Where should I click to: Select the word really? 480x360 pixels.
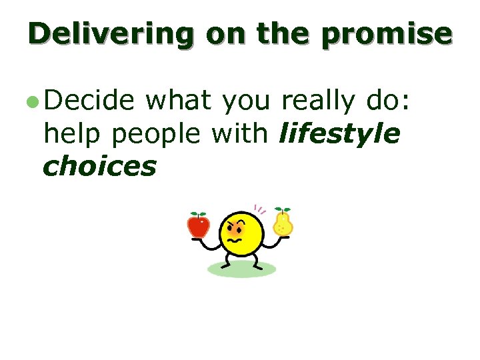coord(320,101)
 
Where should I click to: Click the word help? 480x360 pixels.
coord(72,134)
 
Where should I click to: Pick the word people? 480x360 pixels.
coord(157,134)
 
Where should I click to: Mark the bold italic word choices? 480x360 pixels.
coord(99,167)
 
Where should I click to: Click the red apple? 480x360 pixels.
coord(198,226)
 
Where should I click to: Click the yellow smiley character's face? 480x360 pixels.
coord(240,235)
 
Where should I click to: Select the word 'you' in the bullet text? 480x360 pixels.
coord(245,102)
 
